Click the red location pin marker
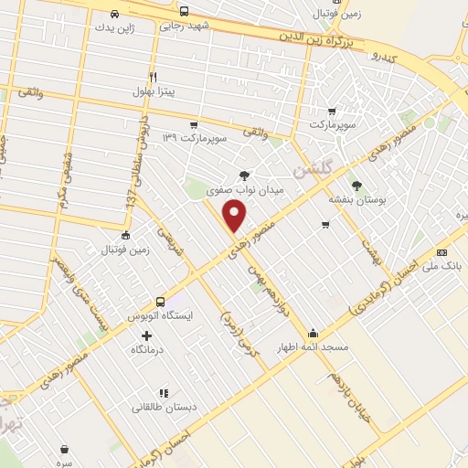(x=235, y=215)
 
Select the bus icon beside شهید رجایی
(x=185, y=12)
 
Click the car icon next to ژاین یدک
(x=114, y=14)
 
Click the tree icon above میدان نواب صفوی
(x=244, y=175)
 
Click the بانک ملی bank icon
(x=442, y=253)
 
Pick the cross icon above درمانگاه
(x=146, y=335)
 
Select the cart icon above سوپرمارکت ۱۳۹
(x=193, y=125)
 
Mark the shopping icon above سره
(x=65, y=449)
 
